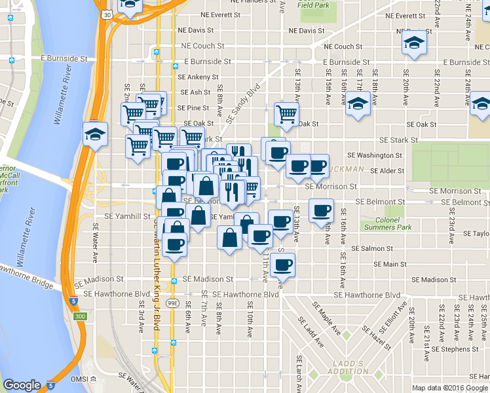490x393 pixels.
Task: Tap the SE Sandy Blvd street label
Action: [x=243, y=102]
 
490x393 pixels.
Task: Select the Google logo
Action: [x=22, y=385]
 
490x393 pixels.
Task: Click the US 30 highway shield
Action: [x=106, y=13]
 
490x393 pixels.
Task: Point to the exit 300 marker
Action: [x=80, y=316]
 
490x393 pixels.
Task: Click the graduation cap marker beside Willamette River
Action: [x=95, y=135]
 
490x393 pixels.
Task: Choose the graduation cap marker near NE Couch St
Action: [x=413, y=43]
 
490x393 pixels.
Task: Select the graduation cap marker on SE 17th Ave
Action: [x=358, y=103]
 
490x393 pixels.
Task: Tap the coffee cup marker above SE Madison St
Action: [x=282, y=265]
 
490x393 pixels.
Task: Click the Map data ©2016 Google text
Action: [x=449, y=388]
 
